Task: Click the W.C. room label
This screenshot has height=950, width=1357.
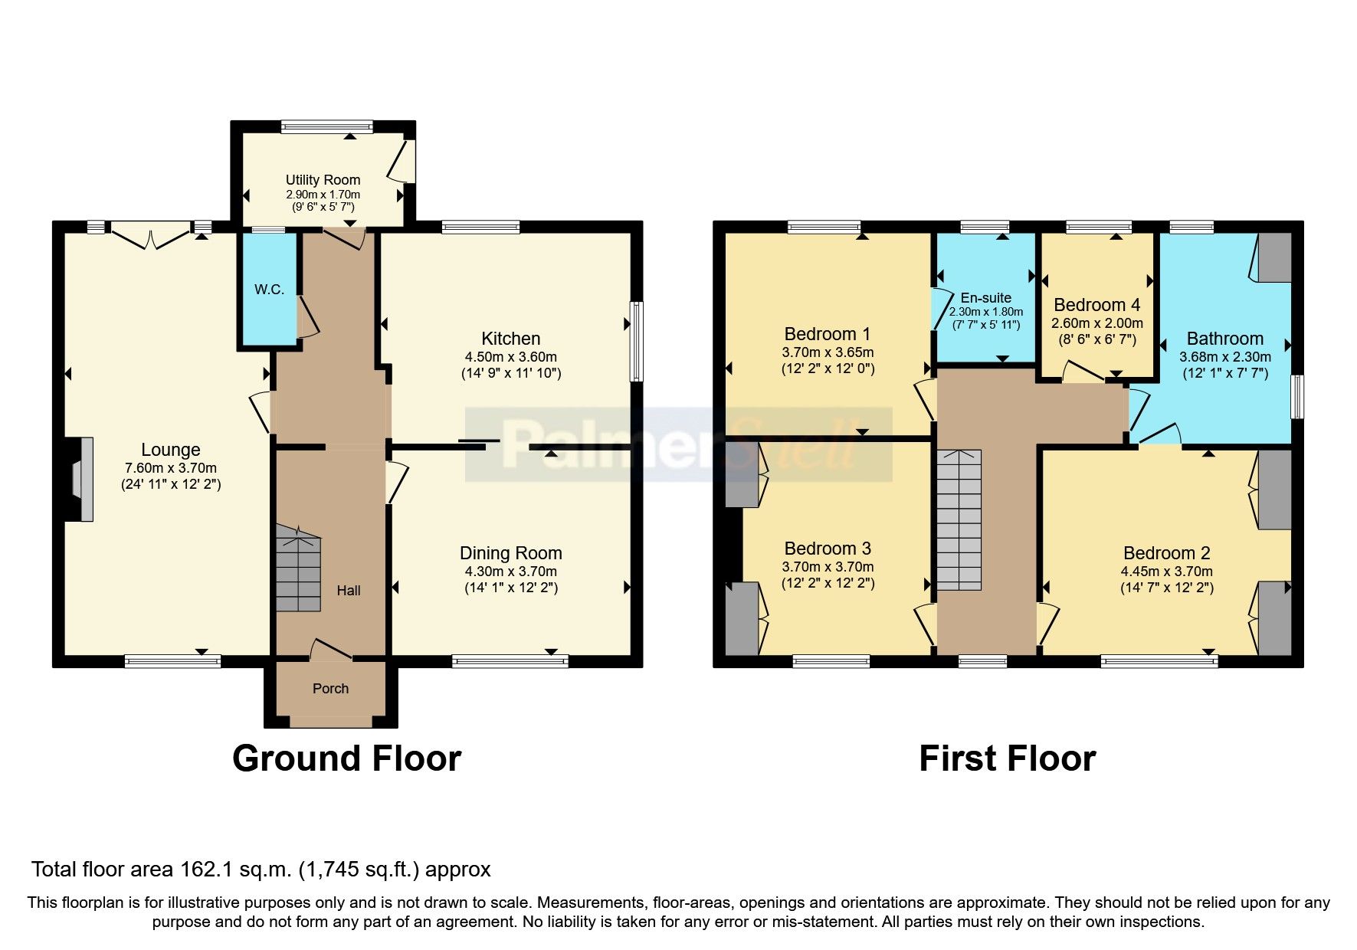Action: [x=269, y=290]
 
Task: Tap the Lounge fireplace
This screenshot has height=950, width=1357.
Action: [x=80, y=479]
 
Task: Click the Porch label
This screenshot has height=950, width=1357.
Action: [x=330, y=689]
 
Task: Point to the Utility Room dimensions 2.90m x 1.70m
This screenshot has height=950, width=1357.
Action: [x=323, y=195]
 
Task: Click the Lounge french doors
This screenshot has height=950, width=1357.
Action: [x=151, y=234]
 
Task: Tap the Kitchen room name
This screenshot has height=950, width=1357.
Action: [x=510, y=339]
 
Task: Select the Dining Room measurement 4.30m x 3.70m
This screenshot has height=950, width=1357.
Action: [x=510, y=572]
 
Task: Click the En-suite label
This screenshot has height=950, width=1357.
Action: [x=985, y=298]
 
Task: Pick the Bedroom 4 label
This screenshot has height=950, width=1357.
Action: [x=1096, y=305]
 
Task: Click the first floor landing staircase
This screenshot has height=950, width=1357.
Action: [x=959, y=521]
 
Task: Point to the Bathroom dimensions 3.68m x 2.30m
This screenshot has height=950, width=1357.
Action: [x=1224, y=357]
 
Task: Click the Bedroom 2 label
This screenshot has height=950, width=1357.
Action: [x=1166, y=553]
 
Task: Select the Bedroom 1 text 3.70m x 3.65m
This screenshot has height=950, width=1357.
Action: [x=828, y=352]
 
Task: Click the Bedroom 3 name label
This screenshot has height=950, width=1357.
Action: [x=828, y=549]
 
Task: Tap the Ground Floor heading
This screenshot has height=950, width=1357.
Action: [x=346, y=758]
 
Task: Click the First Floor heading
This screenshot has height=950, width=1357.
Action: [x=1007, y=758]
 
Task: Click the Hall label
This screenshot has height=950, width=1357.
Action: [x=349, y=591]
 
